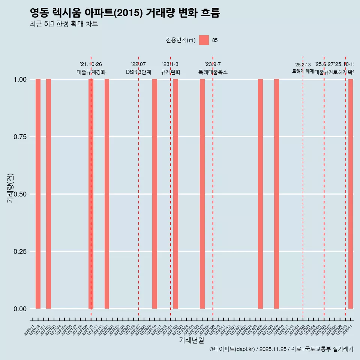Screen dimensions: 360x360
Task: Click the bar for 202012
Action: [38, 194]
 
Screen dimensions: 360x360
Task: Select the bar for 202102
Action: [48, 194]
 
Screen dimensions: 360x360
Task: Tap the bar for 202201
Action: [107, 194]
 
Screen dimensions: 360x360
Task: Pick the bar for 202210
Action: [154, 194]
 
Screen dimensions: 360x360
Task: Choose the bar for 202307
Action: [202, 194]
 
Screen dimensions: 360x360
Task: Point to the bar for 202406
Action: [260, 194]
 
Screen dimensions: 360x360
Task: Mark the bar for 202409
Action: [276, 194]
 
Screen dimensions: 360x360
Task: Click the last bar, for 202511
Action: [351, 194]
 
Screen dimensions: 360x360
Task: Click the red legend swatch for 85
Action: [204, 40]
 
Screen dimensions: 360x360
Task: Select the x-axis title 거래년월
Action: [191, 340]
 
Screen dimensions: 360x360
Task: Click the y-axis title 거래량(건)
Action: [10, 188]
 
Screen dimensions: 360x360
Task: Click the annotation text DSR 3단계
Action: [138, 72]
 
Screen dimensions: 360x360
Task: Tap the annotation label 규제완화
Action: [171, 72]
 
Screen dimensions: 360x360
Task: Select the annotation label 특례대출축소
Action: [213, 72]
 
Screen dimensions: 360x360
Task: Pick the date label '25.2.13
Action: [303, 65]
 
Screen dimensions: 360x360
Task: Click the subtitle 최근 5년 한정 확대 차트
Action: [64, 24]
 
